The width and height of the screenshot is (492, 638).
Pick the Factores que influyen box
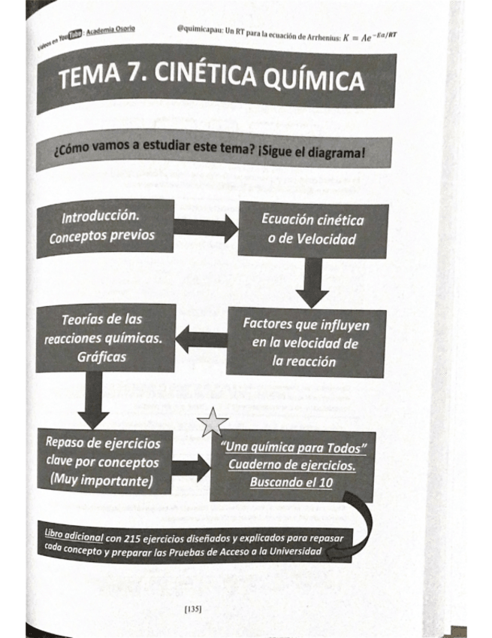coord(304,343)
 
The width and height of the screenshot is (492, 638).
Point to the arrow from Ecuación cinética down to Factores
coord(309,281)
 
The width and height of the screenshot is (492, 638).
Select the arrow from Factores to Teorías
coord(201,339)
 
